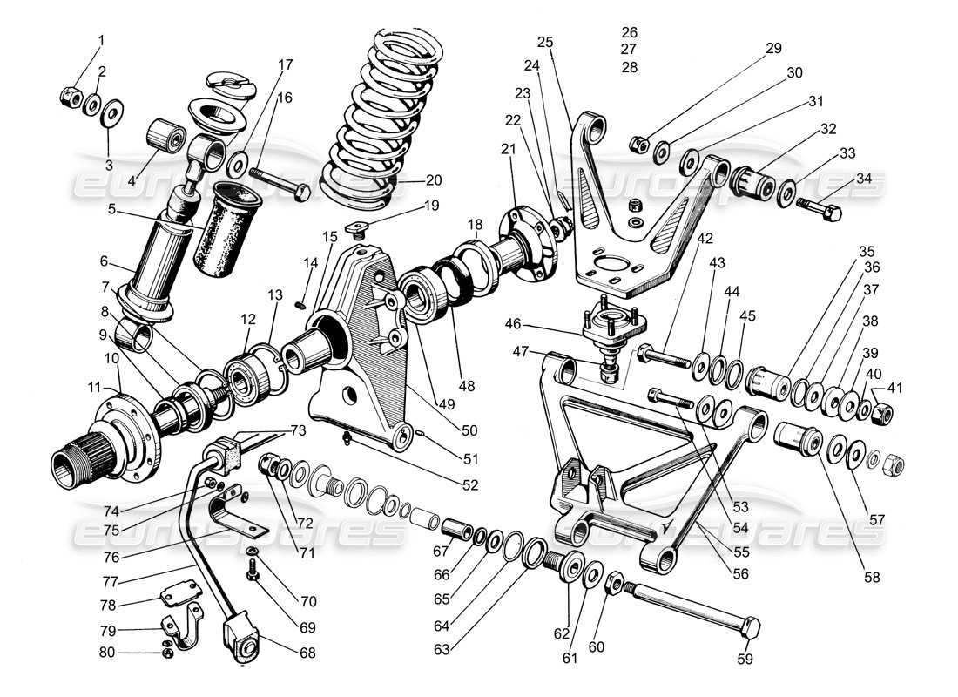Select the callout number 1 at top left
click(101, 40)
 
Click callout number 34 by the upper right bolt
click(864, 179)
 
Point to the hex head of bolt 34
click(830, 212)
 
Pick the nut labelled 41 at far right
click(879, 413)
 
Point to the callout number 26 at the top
click(630, 33)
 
